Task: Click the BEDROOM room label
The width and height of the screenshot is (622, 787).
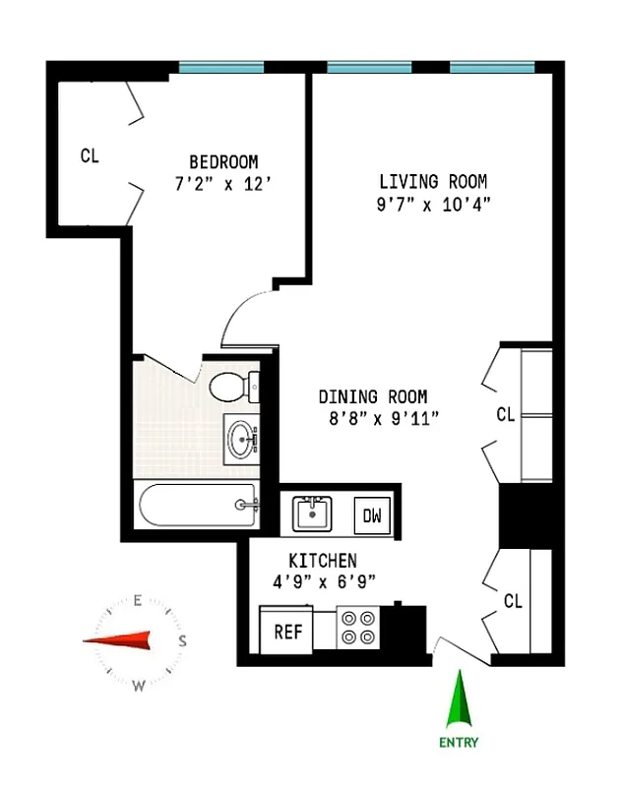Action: coord(223,161)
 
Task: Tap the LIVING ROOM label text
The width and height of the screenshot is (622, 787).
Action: coord(433,182)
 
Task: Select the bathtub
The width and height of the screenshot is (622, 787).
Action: coord(197,506)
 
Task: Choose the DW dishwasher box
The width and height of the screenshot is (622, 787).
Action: coord(372,515)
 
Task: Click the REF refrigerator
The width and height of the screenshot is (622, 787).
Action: coord(287,632)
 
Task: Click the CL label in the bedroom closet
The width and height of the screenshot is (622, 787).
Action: coord(90,155)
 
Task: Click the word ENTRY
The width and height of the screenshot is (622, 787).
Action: coord(459,743)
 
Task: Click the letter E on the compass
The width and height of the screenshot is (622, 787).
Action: coord(139,600)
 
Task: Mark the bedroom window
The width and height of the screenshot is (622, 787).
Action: coord(221,68)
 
